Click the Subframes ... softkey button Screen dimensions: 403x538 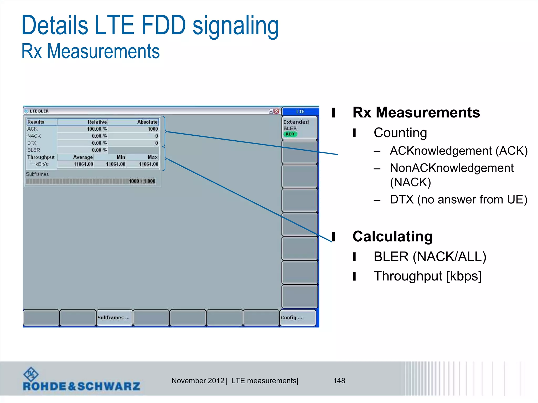(114, 318)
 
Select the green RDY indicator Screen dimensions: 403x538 (290, 134)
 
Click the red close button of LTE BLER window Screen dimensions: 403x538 (276, 111)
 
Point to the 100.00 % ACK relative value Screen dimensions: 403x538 (97, 129)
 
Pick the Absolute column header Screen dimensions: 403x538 (147, 122)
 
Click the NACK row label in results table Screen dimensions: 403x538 (34, 136)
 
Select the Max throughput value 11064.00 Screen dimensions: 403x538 (148, 164)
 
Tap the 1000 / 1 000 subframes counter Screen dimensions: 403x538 (142, 181)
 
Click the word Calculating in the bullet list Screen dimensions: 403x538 (392, 236)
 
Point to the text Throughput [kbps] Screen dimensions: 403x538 (427, 276)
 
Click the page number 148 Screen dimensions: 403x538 (339, 381)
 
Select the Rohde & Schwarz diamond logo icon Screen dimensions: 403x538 (31, 374)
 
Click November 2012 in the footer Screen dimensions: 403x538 (198, 381)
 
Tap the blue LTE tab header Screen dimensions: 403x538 (300, 112)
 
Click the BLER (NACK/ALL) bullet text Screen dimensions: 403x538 (430, 257)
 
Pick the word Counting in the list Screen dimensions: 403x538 (400, 133)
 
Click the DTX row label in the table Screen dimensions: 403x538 (32, 143)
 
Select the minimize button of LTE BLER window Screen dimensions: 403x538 (271, 111)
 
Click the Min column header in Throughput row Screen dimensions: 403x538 (121, 157)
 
